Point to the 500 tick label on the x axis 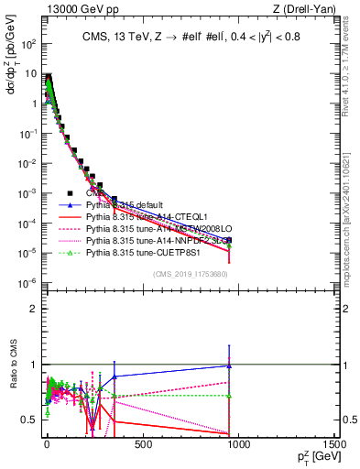(x=142, y=444)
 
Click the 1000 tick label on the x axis (x=238, y=444)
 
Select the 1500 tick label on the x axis (x=333, y=444)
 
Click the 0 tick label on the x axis (x=47, y=444)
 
